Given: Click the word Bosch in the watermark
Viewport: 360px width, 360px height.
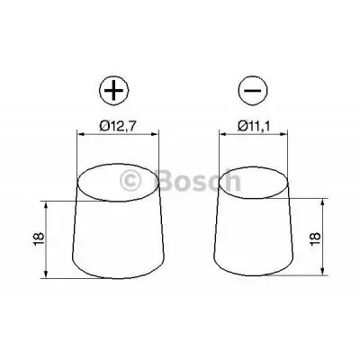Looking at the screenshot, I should (199, 181).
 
